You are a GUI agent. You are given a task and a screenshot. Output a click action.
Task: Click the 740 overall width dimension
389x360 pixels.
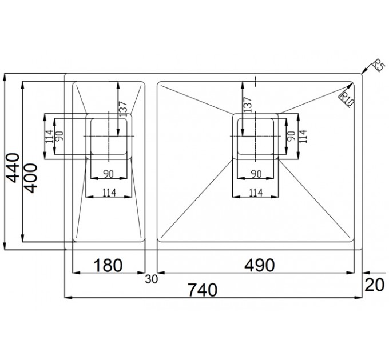[203, 290]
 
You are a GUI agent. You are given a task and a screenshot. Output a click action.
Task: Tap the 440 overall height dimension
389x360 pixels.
[13, 168]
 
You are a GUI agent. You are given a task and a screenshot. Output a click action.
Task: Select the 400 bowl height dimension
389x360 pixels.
[31, 178]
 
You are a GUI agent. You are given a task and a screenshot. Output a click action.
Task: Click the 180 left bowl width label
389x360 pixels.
[108, 265]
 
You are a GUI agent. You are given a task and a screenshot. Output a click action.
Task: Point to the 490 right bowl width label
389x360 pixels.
[260, 265]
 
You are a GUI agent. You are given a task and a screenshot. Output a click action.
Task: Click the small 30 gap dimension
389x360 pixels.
[152, 279]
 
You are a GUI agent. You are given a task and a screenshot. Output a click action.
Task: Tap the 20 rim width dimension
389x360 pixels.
[375, 285]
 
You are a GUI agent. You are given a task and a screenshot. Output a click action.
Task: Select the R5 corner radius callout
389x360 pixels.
[379, 66]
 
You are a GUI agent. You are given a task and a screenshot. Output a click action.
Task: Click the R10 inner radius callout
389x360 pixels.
[346, 99]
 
